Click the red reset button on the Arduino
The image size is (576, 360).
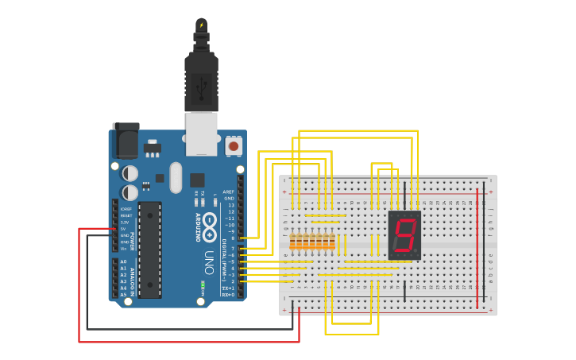tap(233, 146)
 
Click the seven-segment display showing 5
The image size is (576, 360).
tap(404, 235)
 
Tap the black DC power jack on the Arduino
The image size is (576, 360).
tap(125, 141)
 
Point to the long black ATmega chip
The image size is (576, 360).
tap(149, 250)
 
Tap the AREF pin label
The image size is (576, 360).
tap(229, 192)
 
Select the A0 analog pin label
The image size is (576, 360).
tap(123, 261)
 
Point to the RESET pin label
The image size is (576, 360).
tap(125, 215)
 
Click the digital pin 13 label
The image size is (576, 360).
tap(230, 205)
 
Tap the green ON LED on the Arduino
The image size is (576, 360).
tap(203, 284)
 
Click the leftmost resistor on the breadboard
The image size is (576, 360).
tap(293, 242)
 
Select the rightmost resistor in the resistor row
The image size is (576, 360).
tap(331, 242)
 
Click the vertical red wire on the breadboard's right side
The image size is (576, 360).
tap(477, 247)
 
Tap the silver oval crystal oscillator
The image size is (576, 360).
tap(176, 177)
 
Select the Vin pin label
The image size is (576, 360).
tap(124, 249)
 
